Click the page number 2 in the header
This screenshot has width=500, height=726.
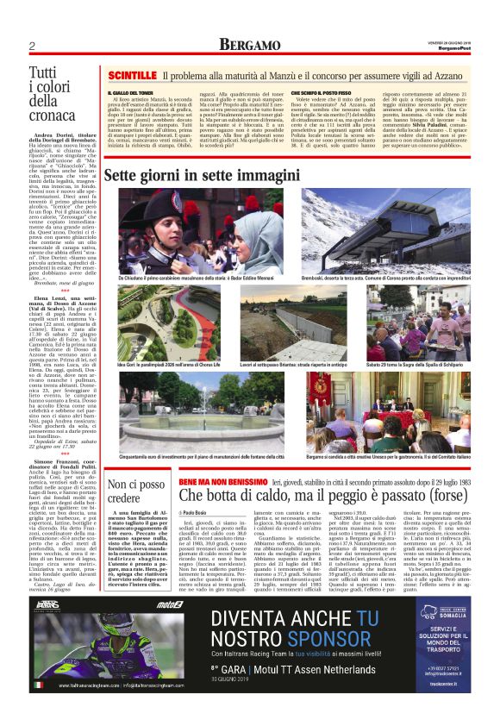click(31, 45)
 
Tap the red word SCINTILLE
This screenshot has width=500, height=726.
click(132, 76)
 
